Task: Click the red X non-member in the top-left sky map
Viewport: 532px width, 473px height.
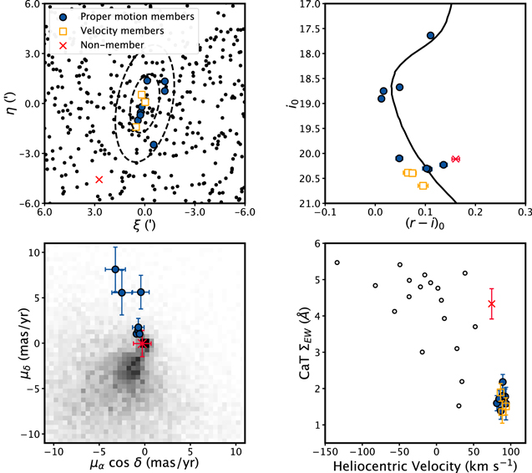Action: [x=99, y=180]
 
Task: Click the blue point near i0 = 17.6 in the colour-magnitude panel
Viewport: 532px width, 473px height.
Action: [x=431, y=35]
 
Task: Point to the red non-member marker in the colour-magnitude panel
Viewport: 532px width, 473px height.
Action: [x=455, y=159]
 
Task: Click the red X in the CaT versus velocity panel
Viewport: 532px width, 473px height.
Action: [x=492, y=303]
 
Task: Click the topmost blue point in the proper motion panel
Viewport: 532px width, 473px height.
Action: [x=115, y=269]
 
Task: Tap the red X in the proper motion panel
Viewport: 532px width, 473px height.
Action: [x=143, y=343]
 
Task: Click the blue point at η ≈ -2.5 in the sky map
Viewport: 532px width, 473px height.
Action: [x=154, y=145]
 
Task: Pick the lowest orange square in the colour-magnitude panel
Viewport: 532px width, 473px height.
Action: [x=423, y=186]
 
